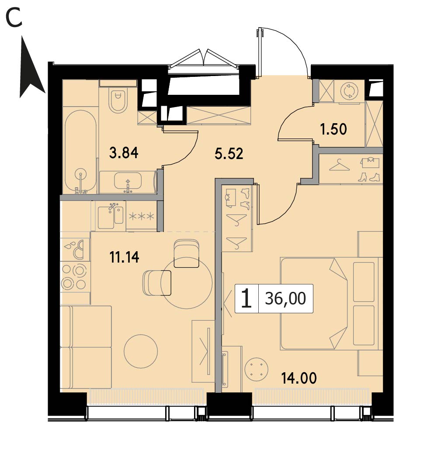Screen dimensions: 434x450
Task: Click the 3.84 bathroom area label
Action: [124, 152]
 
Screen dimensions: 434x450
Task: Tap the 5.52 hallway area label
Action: [229, 154]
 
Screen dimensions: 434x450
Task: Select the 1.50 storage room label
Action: [333, 129]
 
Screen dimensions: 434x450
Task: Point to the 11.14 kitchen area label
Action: [124, 257]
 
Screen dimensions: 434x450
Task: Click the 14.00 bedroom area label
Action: [299, 378]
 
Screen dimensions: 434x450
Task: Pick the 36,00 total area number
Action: [285, 298]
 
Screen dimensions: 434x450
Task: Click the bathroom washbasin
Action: [128, 181]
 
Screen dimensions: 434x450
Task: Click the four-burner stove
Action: [74, 277]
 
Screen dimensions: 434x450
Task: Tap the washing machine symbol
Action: [349, 91]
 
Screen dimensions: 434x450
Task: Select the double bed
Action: [330, 303]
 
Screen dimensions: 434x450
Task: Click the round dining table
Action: [186, 283]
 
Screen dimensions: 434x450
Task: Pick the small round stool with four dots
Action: [257, 369]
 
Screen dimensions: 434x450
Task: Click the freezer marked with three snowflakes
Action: [142, 216]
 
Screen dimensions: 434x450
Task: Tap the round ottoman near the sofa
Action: [141, 352]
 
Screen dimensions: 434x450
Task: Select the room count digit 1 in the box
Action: [247, 298]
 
